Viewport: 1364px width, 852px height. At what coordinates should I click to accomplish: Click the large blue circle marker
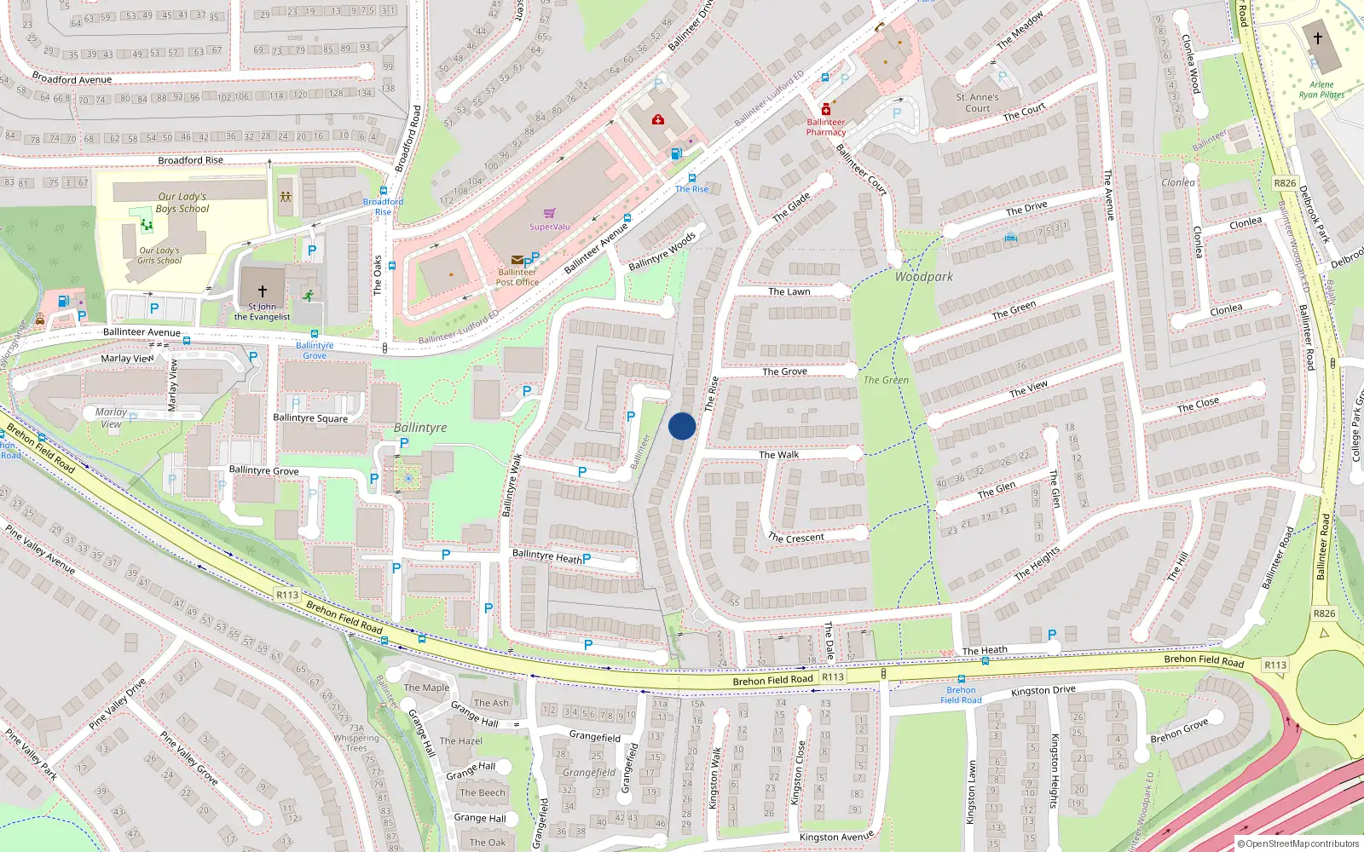point(682,426)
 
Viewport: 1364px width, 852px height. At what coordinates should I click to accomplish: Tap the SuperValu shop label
point(550,227)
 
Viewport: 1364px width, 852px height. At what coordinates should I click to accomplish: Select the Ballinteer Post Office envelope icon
point(517,260)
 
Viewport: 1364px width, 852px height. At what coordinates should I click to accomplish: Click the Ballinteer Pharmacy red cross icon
point(825,110)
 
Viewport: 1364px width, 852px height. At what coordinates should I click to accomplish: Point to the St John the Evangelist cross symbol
point(262,291)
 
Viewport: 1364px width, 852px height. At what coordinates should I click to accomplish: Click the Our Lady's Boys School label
point(182,202)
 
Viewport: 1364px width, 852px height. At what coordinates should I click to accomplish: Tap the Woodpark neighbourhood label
point(924,277)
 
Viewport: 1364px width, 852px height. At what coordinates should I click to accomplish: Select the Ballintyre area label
point(420,428)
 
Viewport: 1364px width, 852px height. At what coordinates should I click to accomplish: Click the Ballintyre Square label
point(310,418)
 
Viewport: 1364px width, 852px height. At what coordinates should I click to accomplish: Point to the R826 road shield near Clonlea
point(1285,183)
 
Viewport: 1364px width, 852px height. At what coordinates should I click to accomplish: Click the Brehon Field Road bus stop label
point(961,695)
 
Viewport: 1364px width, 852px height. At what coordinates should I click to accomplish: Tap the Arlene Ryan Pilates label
point(1321,89)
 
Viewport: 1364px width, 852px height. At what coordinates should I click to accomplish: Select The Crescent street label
point(795,538)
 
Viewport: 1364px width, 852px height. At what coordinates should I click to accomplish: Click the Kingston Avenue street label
point(836,838)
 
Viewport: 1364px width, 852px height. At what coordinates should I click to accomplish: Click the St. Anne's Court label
point(977,103)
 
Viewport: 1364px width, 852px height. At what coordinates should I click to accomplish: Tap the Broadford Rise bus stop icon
point(384,191)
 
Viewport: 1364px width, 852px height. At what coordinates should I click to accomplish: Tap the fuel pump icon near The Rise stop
point(676,154)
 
